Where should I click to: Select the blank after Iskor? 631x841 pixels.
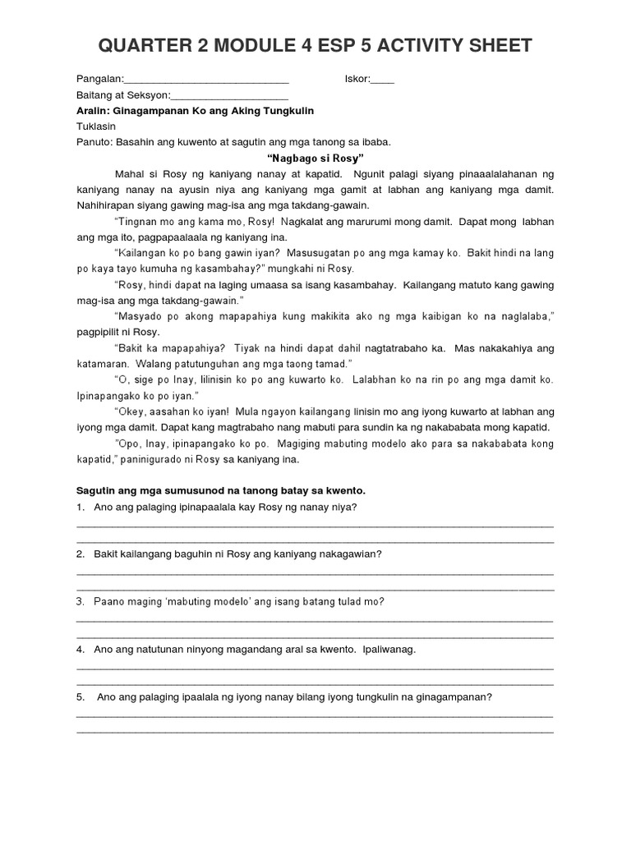(383, 81)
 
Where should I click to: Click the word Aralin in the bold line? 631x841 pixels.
(93, 111)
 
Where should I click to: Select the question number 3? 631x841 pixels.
(81, 601)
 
